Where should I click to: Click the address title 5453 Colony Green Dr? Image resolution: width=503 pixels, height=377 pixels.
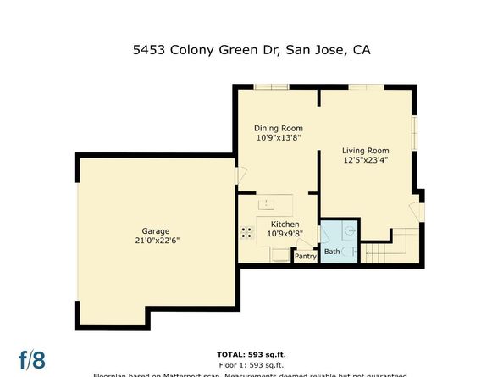[x=251, y=50]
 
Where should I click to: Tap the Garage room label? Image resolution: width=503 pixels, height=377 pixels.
[x=156, y=230]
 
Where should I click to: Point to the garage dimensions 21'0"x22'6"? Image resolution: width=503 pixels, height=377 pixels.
[x=156, y=241]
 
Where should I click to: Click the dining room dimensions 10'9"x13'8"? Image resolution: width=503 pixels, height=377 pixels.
[x=279, y=137]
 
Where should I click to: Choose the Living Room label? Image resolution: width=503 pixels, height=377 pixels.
[x=366, y=149]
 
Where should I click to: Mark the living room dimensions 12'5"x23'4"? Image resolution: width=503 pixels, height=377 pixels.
[x=366, y=159]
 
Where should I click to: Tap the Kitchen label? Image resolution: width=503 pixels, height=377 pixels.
[x=285, y=225]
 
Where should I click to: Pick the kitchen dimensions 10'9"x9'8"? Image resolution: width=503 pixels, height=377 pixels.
[x=285, y=234]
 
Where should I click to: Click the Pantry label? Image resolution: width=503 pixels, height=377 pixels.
[x=304, y=255]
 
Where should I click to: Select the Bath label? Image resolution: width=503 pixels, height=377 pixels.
[x=332, y=251]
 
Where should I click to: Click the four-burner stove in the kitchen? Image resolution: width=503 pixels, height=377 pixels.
[x=247, y=230]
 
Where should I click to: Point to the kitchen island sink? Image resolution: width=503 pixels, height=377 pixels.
[x=267, y=203]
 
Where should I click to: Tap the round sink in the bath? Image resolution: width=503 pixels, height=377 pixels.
[x=347, y=230]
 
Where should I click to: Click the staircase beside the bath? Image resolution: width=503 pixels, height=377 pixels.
[x=392, y=247]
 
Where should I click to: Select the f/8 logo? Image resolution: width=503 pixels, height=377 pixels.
[x=32, y=359]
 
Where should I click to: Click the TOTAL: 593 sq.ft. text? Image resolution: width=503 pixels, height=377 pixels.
[x=251, y=354]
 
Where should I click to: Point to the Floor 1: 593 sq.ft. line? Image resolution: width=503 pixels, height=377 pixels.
[x=251, y=364]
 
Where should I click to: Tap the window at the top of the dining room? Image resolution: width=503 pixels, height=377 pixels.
[x=271, y=86]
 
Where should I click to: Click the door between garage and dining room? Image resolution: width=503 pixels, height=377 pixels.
[x=238, y=175]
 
